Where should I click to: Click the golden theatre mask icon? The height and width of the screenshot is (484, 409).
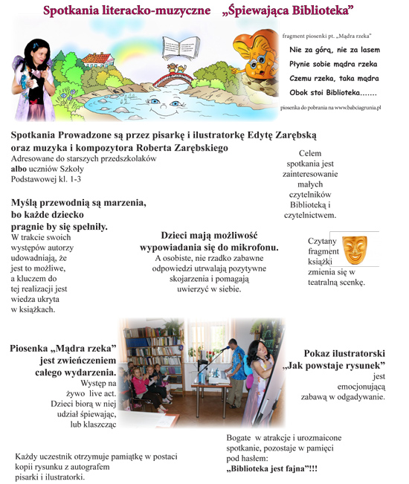(x=355, y=249)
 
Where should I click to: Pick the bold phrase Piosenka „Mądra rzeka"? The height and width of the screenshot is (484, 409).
(x=63, y=349)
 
